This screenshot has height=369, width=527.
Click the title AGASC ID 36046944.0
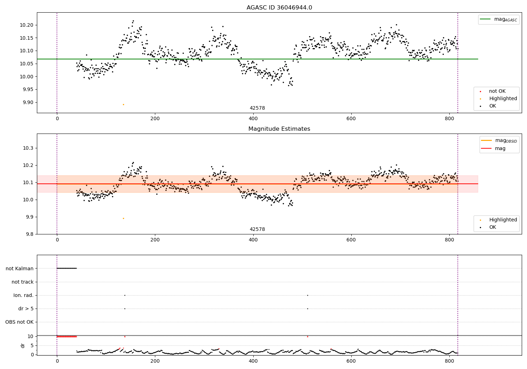click(279, 8)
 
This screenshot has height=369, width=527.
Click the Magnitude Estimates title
click(279, 129)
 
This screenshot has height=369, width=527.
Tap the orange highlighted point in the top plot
click(123, 104)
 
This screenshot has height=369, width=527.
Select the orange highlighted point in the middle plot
click(123, 218)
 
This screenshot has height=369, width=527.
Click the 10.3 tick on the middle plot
click(28, 148)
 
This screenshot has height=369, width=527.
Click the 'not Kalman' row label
click(20, 268)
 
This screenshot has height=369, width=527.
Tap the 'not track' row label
click(22, 282)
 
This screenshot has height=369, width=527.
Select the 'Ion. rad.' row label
click(24, 295)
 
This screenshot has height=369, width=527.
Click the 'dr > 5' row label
click(26, 309)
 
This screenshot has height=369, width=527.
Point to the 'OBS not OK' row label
click(19, 322)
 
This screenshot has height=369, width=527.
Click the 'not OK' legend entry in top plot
click(497, 91)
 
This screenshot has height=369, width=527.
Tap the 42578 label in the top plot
click(257, 108)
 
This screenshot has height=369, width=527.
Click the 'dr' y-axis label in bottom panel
click(23, 345)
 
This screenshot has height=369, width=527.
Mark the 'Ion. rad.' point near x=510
click(307, 295)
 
